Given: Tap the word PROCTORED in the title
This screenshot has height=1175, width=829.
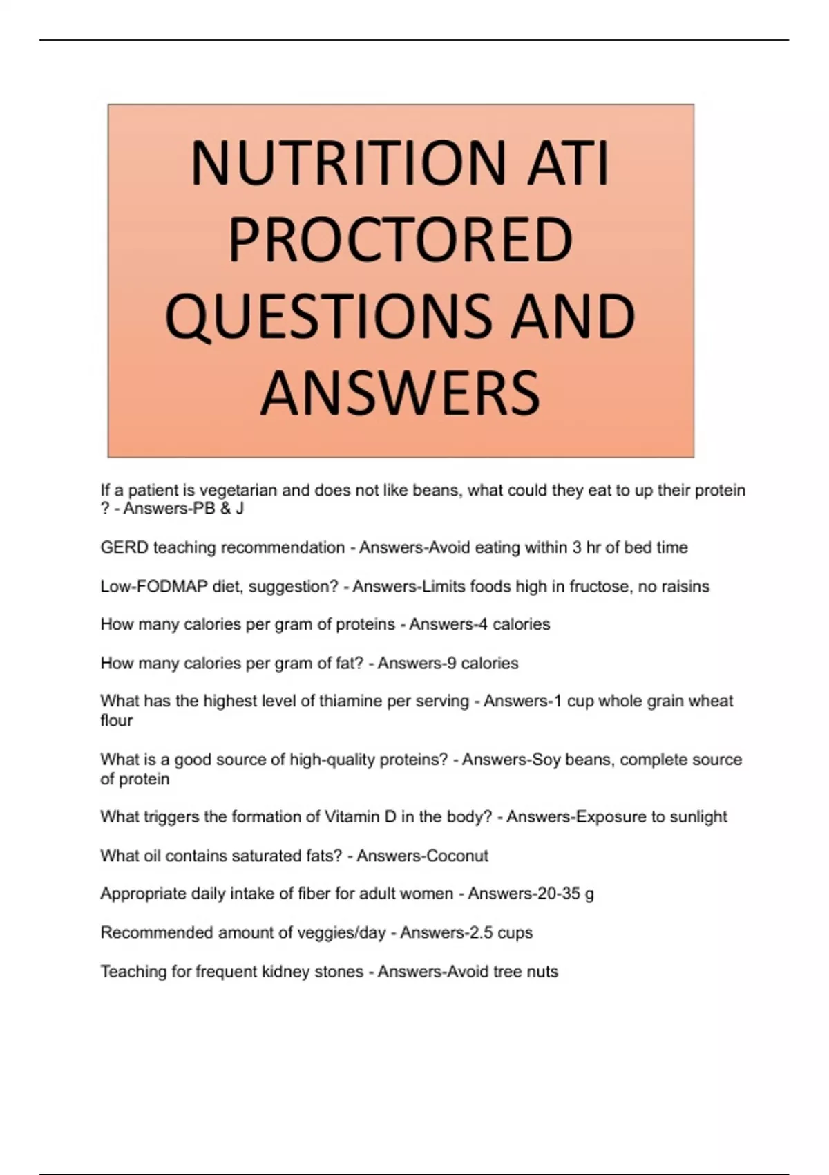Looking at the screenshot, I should [x=400, y=240].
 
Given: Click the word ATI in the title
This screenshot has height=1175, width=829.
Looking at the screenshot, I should [x=568, y=164].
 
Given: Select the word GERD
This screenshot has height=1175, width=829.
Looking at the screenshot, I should [x=124, y=547].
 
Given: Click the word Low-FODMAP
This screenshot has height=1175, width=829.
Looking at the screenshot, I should [x=153, y=587].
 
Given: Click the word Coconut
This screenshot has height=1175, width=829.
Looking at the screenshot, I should [x=457, y=856].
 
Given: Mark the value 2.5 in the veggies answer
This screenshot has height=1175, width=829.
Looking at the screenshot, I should [x=481, y=933].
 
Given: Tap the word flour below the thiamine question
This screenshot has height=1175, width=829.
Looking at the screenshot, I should [x=116, y=720].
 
